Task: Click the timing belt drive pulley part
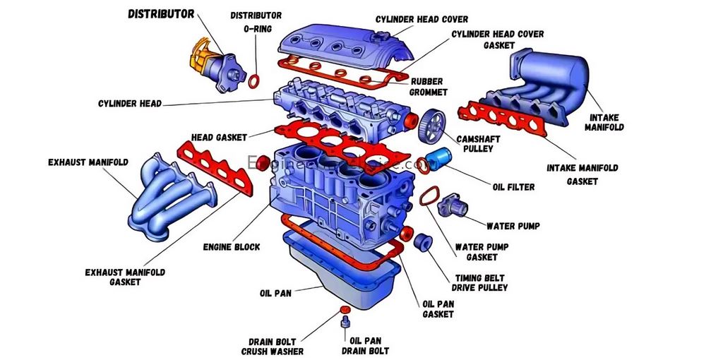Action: (x=423, y=241)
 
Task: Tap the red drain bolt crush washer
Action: (x=345, y=310)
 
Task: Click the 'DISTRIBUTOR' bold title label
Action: (x=161, y=13)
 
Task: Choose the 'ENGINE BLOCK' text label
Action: (x=232, y=247)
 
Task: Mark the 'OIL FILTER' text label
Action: (x=513, y=187)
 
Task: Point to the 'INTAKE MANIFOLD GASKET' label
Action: (x=582, y=174)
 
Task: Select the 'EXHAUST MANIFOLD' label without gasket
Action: (x=88, y=162)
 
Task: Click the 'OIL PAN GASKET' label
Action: (x=438, y=308)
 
